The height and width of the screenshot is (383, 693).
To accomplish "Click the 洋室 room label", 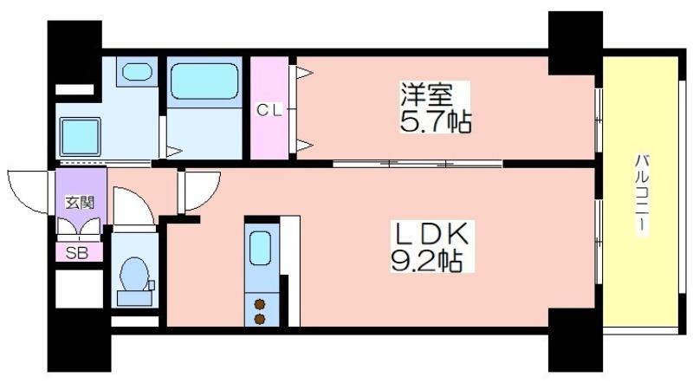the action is pyautogui.click(x=426, y=94).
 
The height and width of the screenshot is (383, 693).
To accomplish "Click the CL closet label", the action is pyautogui.click(x=269, y=111).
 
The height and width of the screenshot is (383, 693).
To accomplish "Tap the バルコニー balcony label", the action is pyautogui.click(x=641, y=194).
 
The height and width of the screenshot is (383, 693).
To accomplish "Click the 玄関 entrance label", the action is pyautogui.click(x=80, y=203).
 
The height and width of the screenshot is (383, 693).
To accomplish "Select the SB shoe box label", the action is pyautogui.click(x=77, y=253).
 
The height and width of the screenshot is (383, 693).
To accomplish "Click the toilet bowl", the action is pyautogui.click(x=134, y=274).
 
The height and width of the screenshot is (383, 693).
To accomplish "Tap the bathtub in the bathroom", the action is pyautogui.click(x=204, y=81).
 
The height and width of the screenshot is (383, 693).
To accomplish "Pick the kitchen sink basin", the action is pyautogui.click(x=260, y=248).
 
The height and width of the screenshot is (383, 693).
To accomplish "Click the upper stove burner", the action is pyautogui.click(x=260, y=304).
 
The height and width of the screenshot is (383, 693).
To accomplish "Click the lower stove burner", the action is pyautogui.click(x=260, y=318).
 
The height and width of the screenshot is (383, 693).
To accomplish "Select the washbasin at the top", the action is pyautogui.click(x=137, y=72).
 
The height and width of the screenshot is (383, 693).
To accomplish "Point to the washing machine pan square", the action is pyautogui.click(x=80, y=137).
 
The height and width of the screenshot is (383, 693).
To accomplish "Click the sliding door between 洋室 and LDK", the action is pyautogui.click(x=418, y=164).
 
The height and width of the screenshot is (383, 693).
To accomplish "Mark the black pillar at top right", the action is pyautogui.click(x=575, y=43).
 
